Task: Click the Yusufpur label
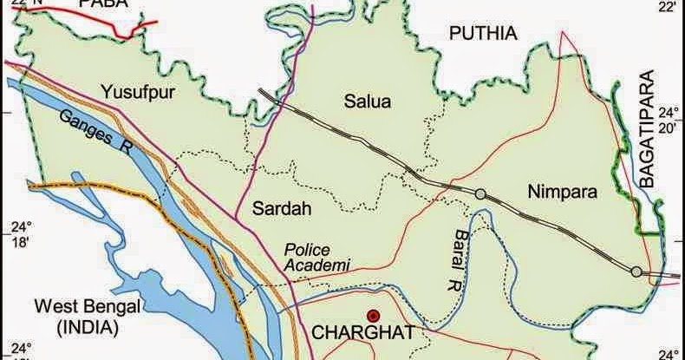pyautogui.click(x=137, y=88)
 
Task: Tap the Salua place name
pyautogui.click(x=368, y=101)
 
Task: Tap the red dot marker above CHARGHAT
pyautogui.click(x=373, y=316)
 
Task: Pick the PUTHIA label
pyautogui.click(x=482, y=34)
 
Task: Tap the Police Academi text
pyautogui.click(x=317, y=256)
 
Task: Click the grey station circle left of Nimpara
pyautogui.click(x=479, y=193)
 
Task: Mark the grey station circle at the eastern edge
pyautogui.click(x=636, y=272)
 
